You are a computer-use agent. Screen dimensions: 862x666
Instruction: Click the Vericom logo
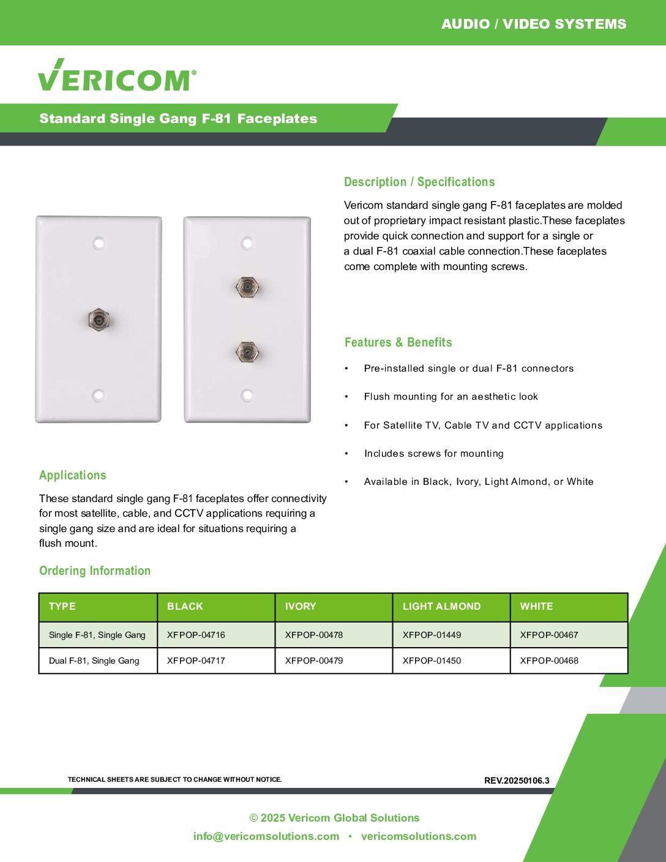[x=117, y=76]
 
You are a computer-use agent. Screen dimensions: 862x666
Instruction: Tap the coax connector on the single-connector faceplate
[x=98, y=319]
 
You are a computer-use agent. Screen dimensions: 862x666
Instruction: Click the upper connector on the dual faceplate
[x=247, y=286]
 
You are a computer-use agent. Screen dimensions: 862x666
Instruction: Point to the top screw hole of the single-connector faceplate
[x=99, y=243]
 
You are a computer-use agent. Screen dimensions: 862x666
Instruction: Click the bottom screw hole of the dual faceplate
[x=247, y=395]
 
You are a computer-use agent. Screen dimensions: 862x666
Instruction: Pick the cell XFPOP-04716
[x=196, y=635]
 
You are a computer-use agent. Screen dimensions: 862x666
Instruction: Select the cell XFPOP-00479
[x=313, y=661]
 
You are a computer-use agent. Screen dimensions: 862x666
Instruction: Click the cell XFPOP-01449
[x=432, y=635]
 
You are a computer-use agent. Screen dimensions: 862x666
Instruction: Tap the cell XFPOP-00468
[x=549, y=661]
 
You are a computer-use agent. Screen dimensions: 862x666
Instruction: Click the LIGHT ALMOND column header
[x=441, y=606]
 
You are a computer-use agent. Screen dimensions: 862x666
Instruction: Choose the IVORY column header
[x=301, y=606]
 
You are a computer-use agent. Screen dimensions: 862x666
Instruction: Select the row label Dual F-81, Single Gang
[x=94, y=661]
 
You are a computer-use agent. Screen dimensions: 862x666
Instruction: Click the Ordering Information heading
[x=95, y=571]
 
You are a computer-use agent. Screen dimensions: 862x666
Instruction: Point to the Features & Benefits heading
[x=398, y=342]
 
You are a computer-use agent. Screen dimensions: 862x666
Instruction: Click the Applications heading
[x=72, y=475]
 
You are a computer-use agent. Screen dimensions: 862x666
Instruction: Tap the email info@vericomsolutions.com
[x=266, y=836]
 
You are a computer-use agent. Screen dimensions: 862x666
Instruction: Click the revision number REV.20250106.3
[x=517, y=781]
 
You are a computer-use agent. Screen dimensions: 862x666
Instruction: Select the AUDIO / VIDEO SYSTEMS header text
[x=534, y=24]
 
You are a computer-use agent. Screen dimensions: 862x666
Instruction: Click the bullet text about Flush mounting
[x=451, y=397]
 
